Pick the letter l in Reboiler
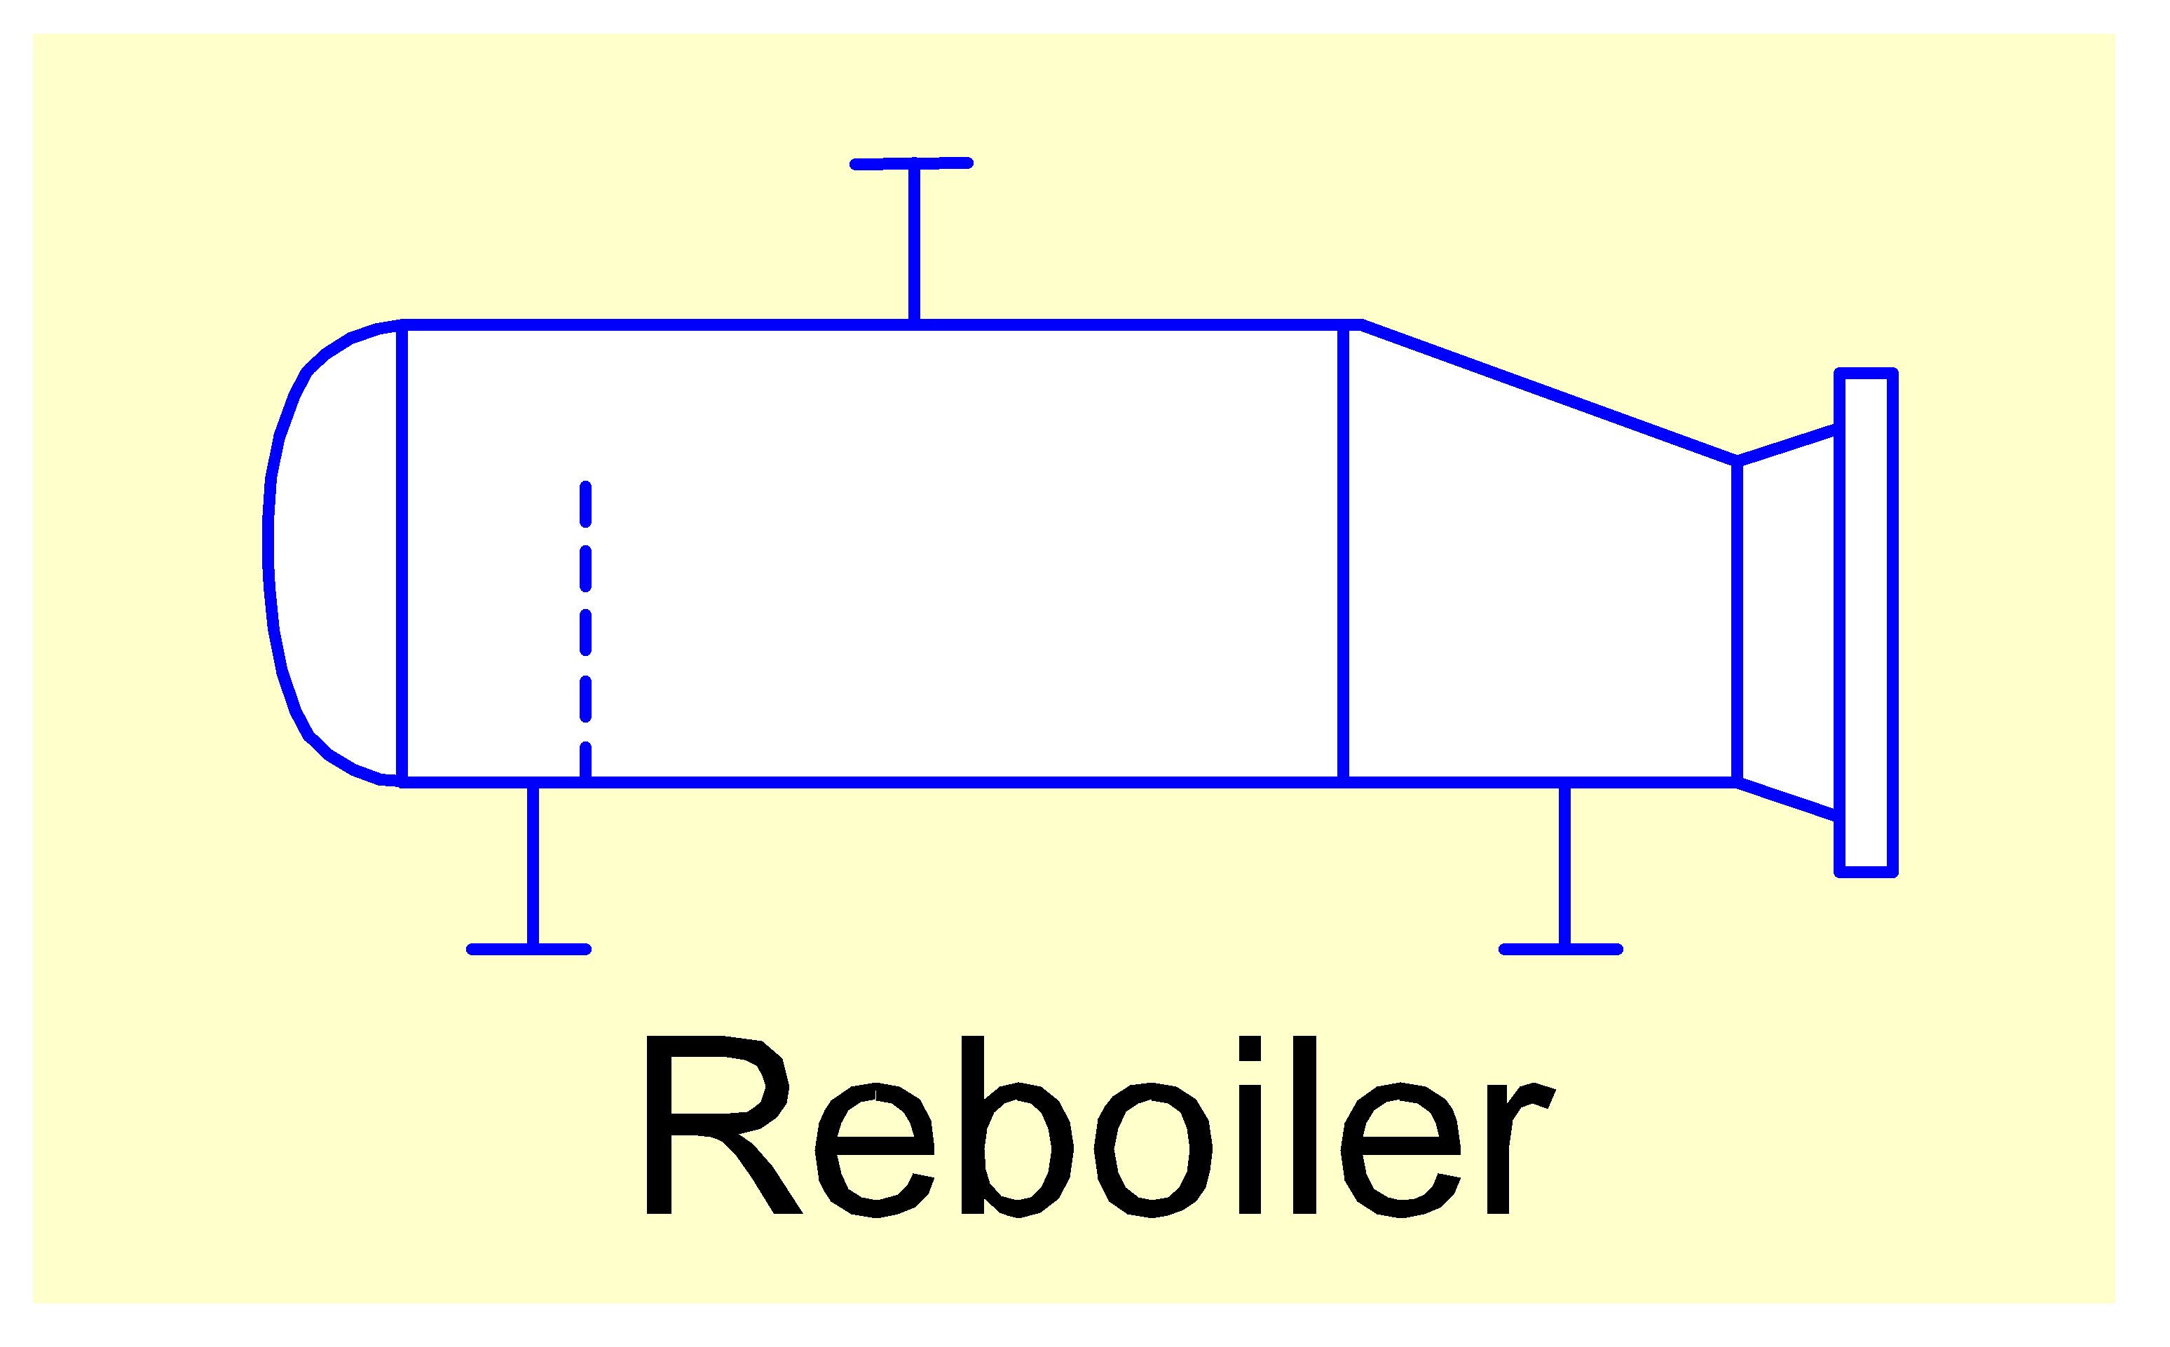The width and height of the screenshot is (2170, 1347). [1304, 1124]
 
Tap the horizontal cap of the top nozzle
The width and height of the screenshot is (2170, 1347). [911, 163]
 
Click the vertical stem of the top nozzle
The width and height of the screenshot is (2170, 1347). [914, 242]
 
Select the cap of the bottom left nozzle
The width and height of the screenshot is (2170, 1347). [529, 949]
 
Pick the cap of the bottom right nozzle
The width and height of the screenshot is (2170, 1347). [1561, 949]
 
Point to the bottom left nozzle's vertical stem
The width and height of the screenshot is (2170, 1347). [533, 864]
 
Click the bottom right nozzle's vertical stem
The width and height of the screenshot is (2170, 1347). [1564, 864]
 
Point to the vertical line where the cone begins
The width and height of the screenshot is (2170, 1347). [1344, 552]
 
